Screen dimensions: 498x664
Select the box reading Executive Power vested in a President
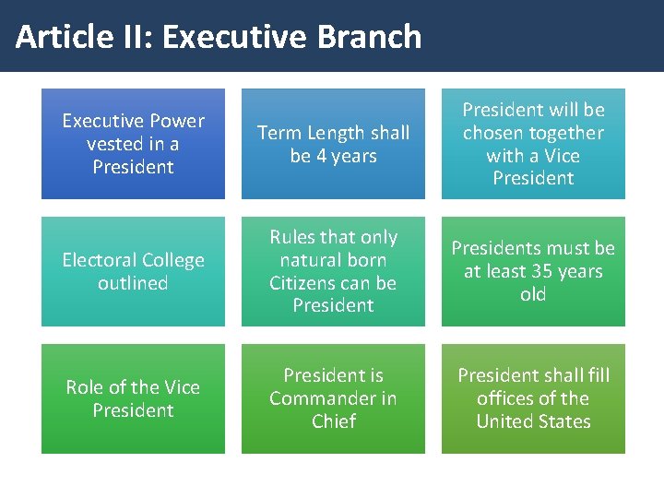click(133, 144)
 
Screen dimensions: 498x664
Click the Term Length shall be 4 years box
click(333, 144)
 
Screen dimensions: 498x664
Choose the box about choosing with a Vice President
click(533, 144)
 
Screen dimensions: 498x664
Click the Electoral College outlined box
click(133, 271)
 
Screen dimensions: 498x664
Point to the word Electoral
click(99, 260)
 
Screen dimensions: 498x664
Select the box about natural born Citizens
click(333, 271)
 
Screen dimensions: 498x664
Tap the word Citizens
click(307, 282)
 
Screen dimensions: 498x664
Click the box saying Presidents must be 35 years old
click(533, 271)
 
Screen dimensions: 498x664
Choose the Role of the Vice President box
click(133, 398)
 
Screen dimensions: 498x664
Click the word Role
click(84, 387)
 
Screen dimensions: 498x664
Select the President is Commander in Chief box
click(333, 398)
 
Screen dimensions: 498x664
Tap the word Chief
click(333, 421)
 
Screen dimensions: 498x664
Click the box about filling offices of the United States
click(533, 398)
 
